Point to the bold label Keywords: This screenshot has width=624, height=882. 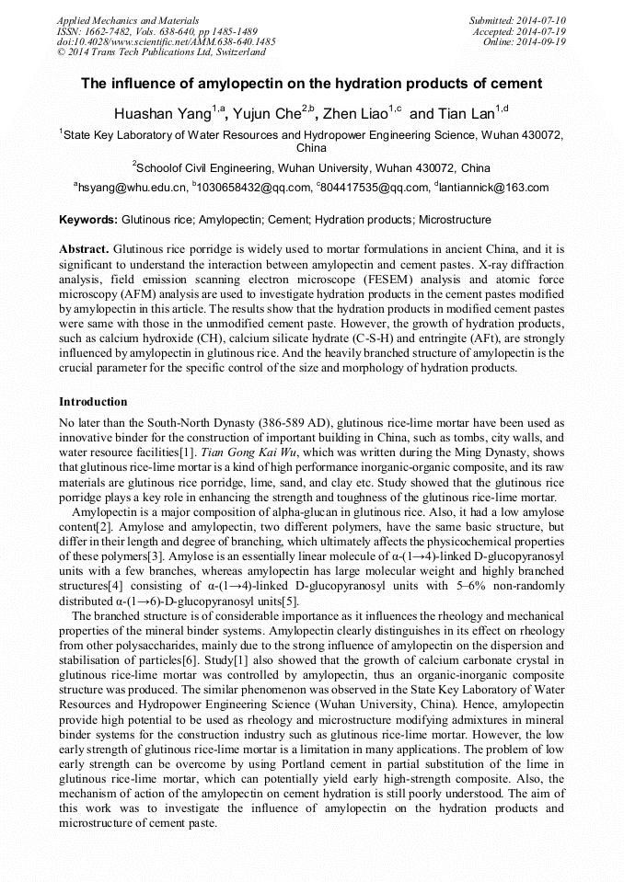pyautogui.click(x=88, y=221)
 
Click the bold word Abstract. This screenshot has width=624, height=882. pyautogui.click(x=85, y=249)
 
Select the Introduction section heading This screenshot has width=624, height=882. pyautogui.click(x=93, y=402)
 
